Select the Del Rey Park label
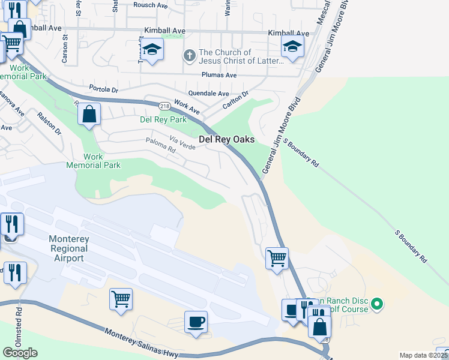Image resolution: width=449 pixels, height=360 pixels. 163,119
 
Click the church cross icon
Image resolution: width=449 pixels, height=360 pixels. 189,56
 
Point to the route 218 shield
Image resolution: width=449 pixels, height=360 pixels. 164,106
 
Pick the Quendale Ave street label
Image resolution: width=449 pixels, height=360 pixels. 208,94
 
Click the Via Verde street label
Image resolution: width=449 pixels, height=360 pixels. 182,143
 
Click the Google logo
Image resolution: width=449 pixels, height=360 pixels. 20,353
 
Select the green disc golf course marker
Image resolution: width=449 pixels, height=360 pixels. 377,304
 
